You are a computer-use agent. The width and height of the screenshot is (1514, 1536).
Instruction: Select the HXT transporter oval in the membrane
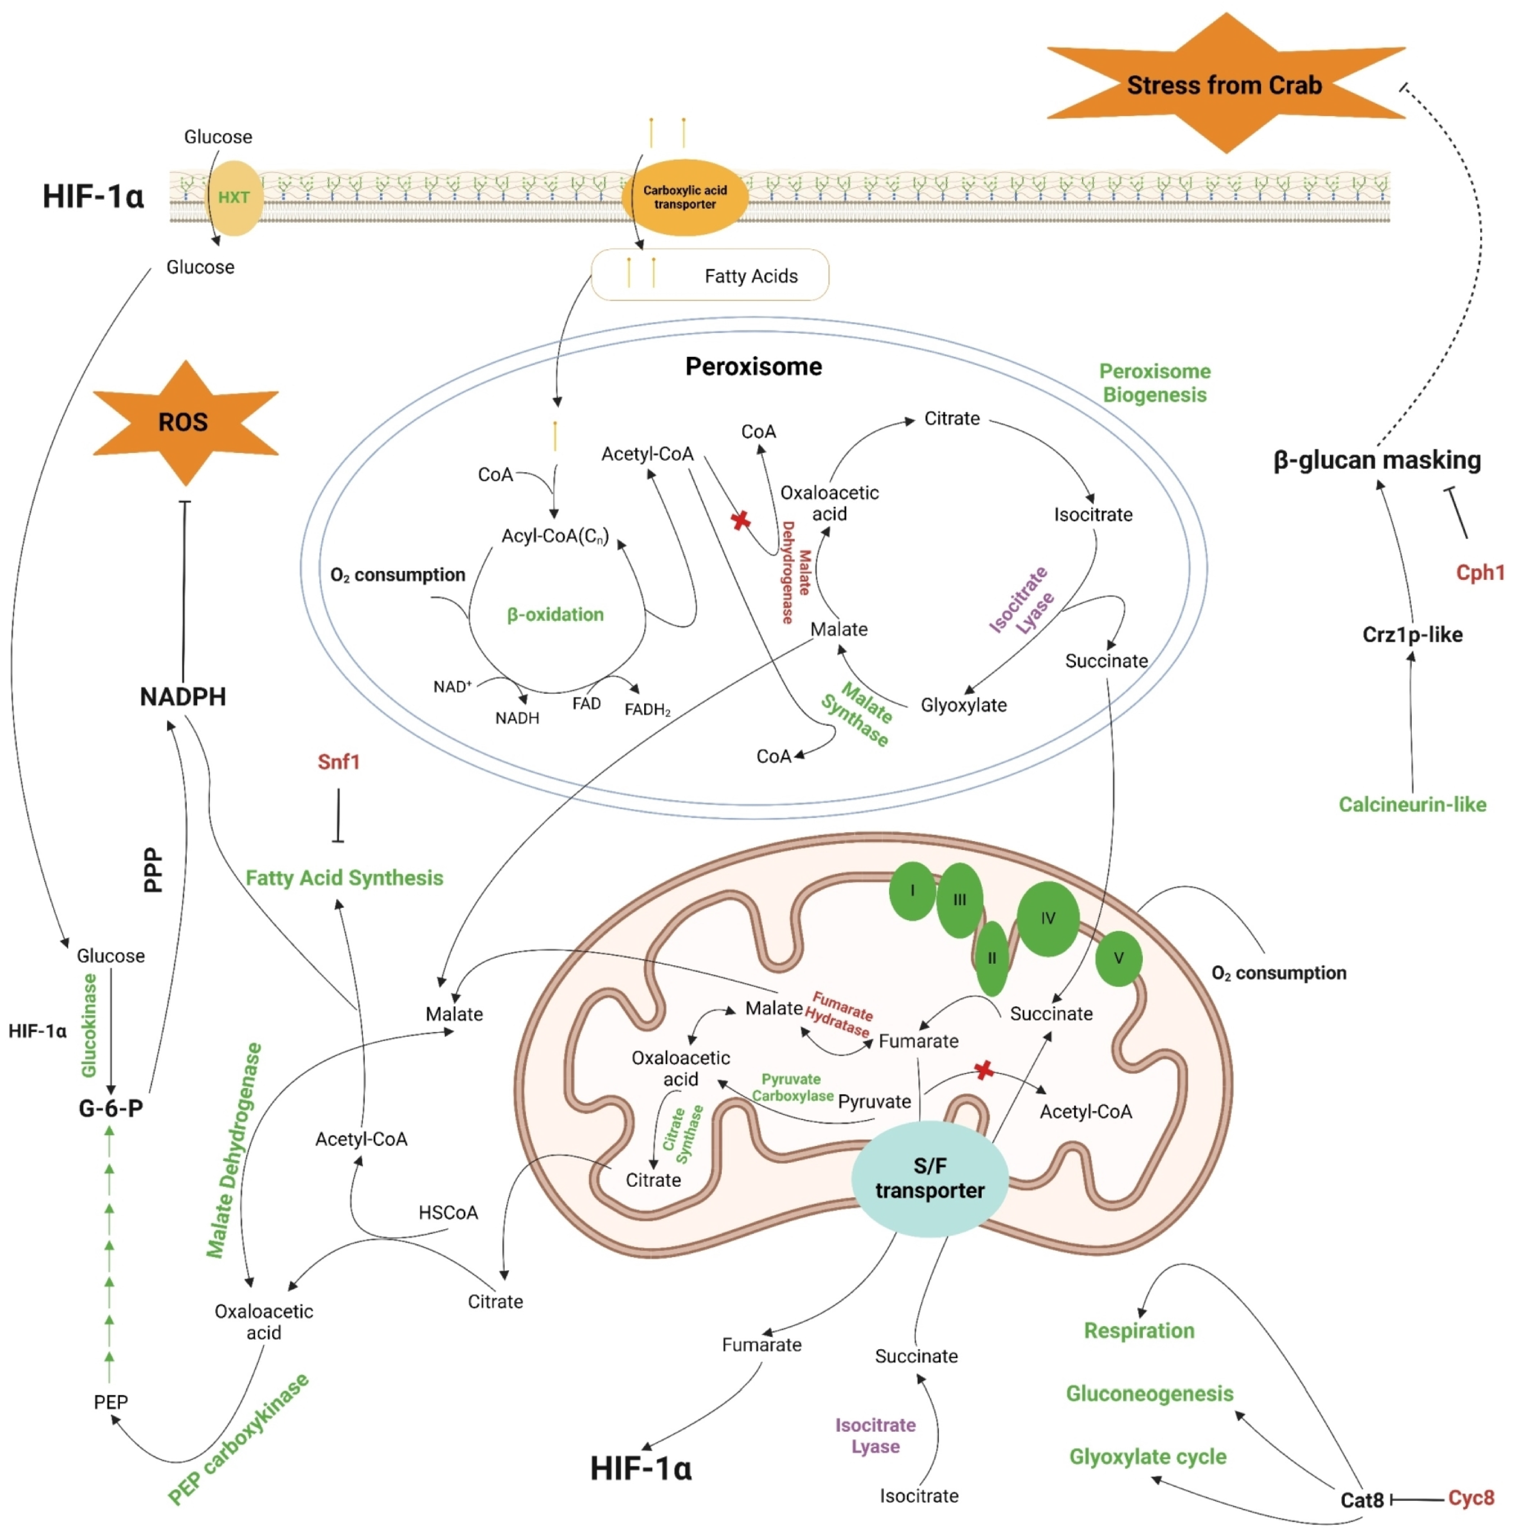click(234, 197)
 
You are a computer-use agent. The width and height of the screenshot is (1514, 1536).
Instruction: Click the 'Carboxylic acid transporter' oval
click(685, 197)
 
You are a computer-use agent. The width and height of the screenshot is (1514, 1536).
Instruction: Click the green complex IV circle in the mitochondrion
click(1048, 918)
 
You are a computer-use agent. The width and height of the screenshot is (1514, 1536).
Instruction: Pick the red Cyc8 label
click(1471, 1498)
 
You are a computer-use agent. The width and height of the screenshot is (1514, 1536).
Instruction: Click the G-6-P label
click(111, 1107)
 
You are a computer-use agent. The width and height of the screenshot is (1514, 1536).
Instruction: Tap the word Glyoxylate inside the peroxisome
click(964, 705)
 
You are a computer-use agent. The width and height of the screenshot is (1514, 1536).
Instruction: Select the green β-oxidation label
click(555, 615)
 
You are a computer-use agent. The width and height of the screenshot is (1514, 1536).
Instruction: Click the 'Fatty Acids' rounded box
click(710, 275)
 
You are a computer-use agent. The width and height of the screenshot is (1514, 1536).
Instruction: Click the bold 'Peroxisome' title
click(754, 366)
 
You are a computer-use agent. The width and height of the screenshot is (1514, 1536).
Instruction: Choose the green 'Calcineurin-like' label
click(1412, 805)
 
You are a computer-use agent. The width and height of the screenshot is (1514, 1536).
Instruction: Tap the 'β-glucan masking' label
click(1377, 460)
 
